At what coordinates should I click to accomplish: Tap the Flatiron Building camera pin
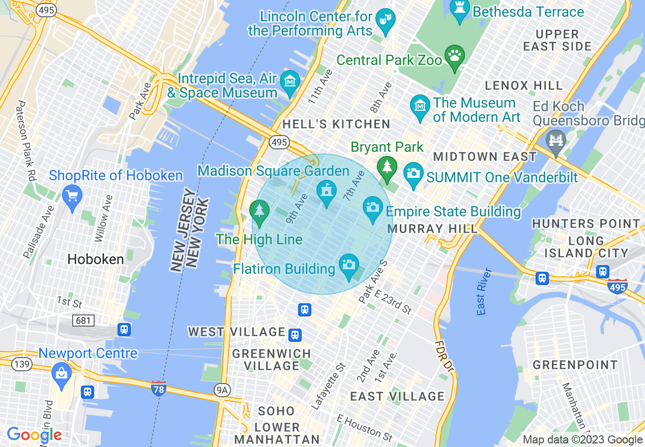click(348, 266)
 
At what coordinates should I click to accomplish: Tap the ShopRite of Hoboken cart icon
click(72, 195)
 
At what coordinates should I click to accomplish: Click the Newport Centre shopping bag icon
click(61, 374)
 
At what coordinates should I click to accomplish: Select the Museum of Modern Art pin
click(420, 107)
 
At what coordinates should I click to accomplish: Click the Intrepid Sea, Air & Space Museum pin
click(290, 82)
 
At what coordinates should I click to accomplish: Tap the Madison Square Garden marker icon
click(326, 192)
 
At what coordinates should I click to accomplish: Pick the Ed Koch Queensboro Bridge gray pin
click(555, 140)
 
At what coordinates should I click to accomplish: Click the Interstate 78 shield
click(158, 389)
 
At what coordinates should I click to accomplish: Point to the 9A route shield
click(222, 390)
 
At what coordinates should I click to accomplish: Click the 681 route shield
click(83, 320)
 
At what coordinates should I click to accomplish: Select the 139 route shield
click(22, 364)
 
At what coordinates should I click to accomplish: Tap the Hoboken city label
click(96, 260)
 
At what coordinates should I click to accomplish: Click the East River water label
click(484, 292)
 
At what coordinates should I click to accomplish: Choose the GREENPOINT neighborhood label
click(575, 365)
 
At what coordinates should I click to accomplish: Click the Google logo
click(34, 435)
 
